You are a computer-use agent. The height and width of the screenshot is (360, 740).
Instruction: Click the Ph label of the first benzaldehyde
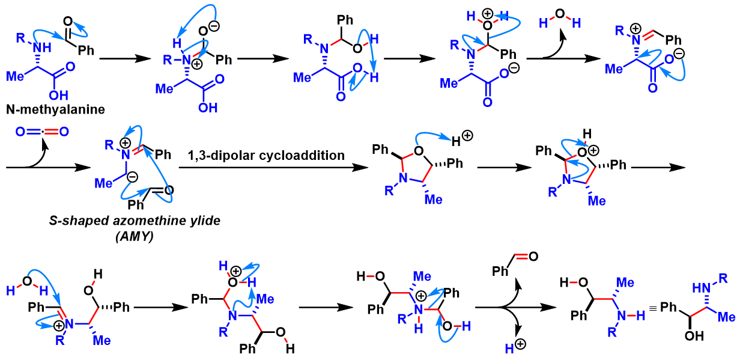[x=86, y=50]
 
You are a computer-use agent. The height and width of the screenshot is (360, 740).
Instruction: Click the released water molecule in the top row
[x=559, y=22]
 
